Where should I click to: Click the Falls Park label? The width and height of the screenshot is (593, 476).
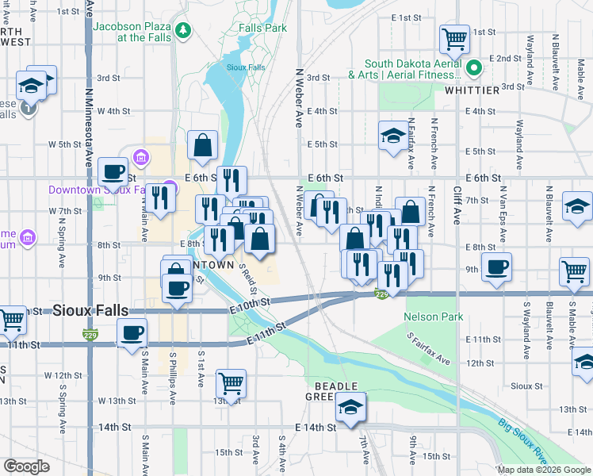262,27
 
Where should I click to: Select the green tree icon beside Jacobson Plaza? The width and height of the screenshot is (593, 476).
184,31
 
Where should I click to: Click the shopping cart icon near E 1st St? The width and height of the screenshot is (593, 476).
455,38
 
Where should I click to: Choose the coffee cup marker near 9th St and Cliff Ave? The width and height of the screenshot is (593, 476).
497,267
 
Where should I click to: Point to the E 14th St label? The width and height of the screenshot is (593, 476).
315,427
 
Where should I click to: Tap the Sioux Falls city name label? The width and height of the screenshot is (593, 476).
90,310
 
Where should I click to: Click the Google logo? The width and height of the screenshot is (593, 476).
26,466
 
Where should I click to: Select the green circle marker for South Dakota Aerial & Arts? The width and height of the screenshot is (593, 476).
474,68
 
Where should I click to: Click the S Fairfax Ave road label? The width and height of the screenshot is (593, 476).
429,348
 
